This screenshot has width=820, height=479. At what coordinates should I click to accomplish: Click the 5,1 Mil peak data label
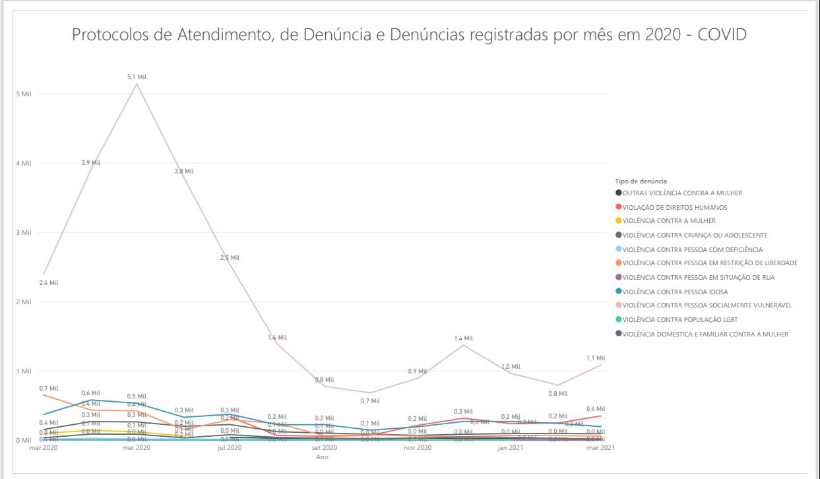pyautogui.click(x=137, y=77)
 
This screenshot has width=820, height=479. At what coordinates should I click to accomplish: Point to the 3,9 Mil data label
pyautogui.click(x=90, y=163)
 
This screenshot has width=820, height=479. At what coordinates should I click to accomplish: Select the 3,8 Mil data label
pyautogui.click(x=184, y=172)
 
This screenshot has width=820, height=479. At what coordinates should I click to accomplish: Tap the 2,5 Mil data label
pyautogui.click(x=230, y=257)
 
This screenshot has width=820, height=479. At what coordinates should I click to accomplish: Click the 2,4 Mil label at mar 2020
pyautogui.click(x=49, y=283)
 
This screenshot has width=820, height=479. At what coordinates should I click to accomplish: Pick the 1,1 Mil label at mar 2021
pyautogui.click(x=596, y=358)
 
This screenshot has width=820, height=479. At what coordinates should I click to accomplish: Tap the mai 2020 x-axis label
pyautogui.click(x=137, y=448)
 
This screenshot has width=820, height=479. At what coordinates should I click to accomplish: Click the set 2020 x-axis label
pyautogui.click(x=325, y=448)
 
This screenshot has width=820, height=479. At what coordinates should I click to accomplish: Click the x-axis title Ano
pyautogui.click(x=322, y=457)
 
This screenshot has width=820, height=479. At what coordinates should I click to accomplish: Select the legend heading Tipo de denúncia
pyautogui.click(x=641, y=181)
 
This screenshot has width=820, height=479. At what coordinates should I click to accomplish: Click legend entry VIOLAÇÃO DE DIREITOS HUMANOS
pyautogui.click(x=675, y=207)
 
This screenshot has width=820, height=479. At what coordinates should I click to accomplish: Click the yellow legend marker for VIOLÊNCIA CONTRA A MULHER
pyautogui.click(x=618, y=221)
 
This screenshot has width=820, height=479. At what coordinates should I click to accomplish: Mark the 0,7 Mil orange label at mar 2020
pyautogui.click(x=49, y=389)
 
